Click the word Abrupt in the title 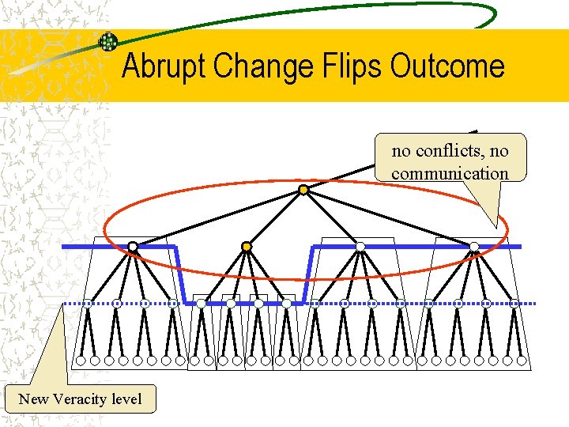click(x=160, y=66)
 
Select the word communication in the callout click(x=450, y=173)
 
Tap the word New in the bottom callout click(x=34, y=399)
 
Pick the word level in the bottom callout click(x=127, y=399)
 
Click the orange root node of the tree click(x=303, y=190)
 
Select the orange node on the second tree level click(x=247, y=247)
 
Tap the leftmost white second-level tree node click(x=133, y=247)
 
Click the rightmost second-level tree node click(x=474, y=247)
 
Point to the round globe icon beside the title click(x=107, y=42)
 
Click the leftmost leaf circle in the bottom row click(x=80, y=361)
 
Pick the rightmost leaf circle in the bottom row click(x=522, y=361)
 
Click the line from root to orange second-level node click(x=275, y=218)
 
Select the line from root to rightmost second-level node click(x=389, y=218)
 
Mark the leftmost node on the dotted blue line click(x=87, y=304)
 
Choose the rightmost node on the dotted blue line click(x=514, y=304)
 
